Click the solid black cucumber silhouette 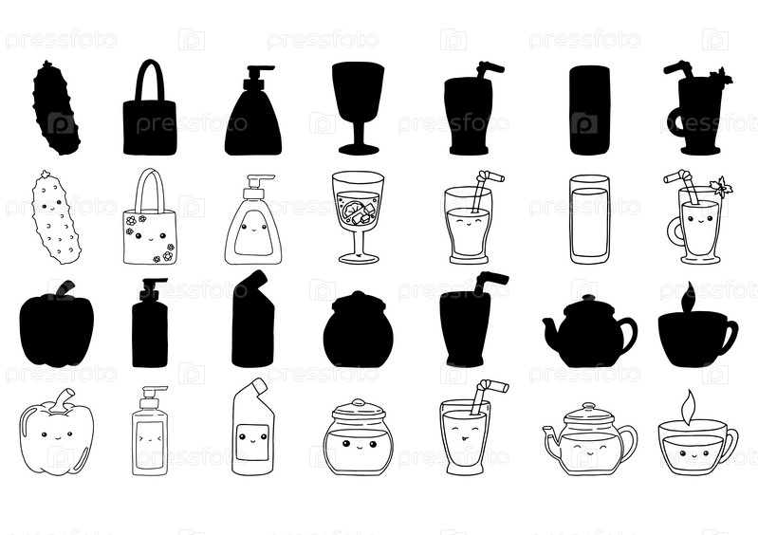(56, 108)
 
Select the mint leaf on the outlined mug (721, 187)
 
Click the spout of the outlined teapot (551, 436)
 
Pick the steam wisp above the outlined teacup (689, 406)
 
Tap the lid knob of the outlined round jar (359, 402)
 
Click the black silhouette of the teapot (590, 330)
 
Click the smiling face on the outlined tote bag (150, 237)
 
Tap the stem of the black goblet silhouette (359, 130)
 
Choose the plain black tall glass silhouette (590, 110)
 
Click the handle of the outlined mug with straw (675, 231)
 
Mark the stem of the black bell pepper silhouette (65, 289)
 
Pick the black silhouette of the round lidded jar (359, 329)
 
